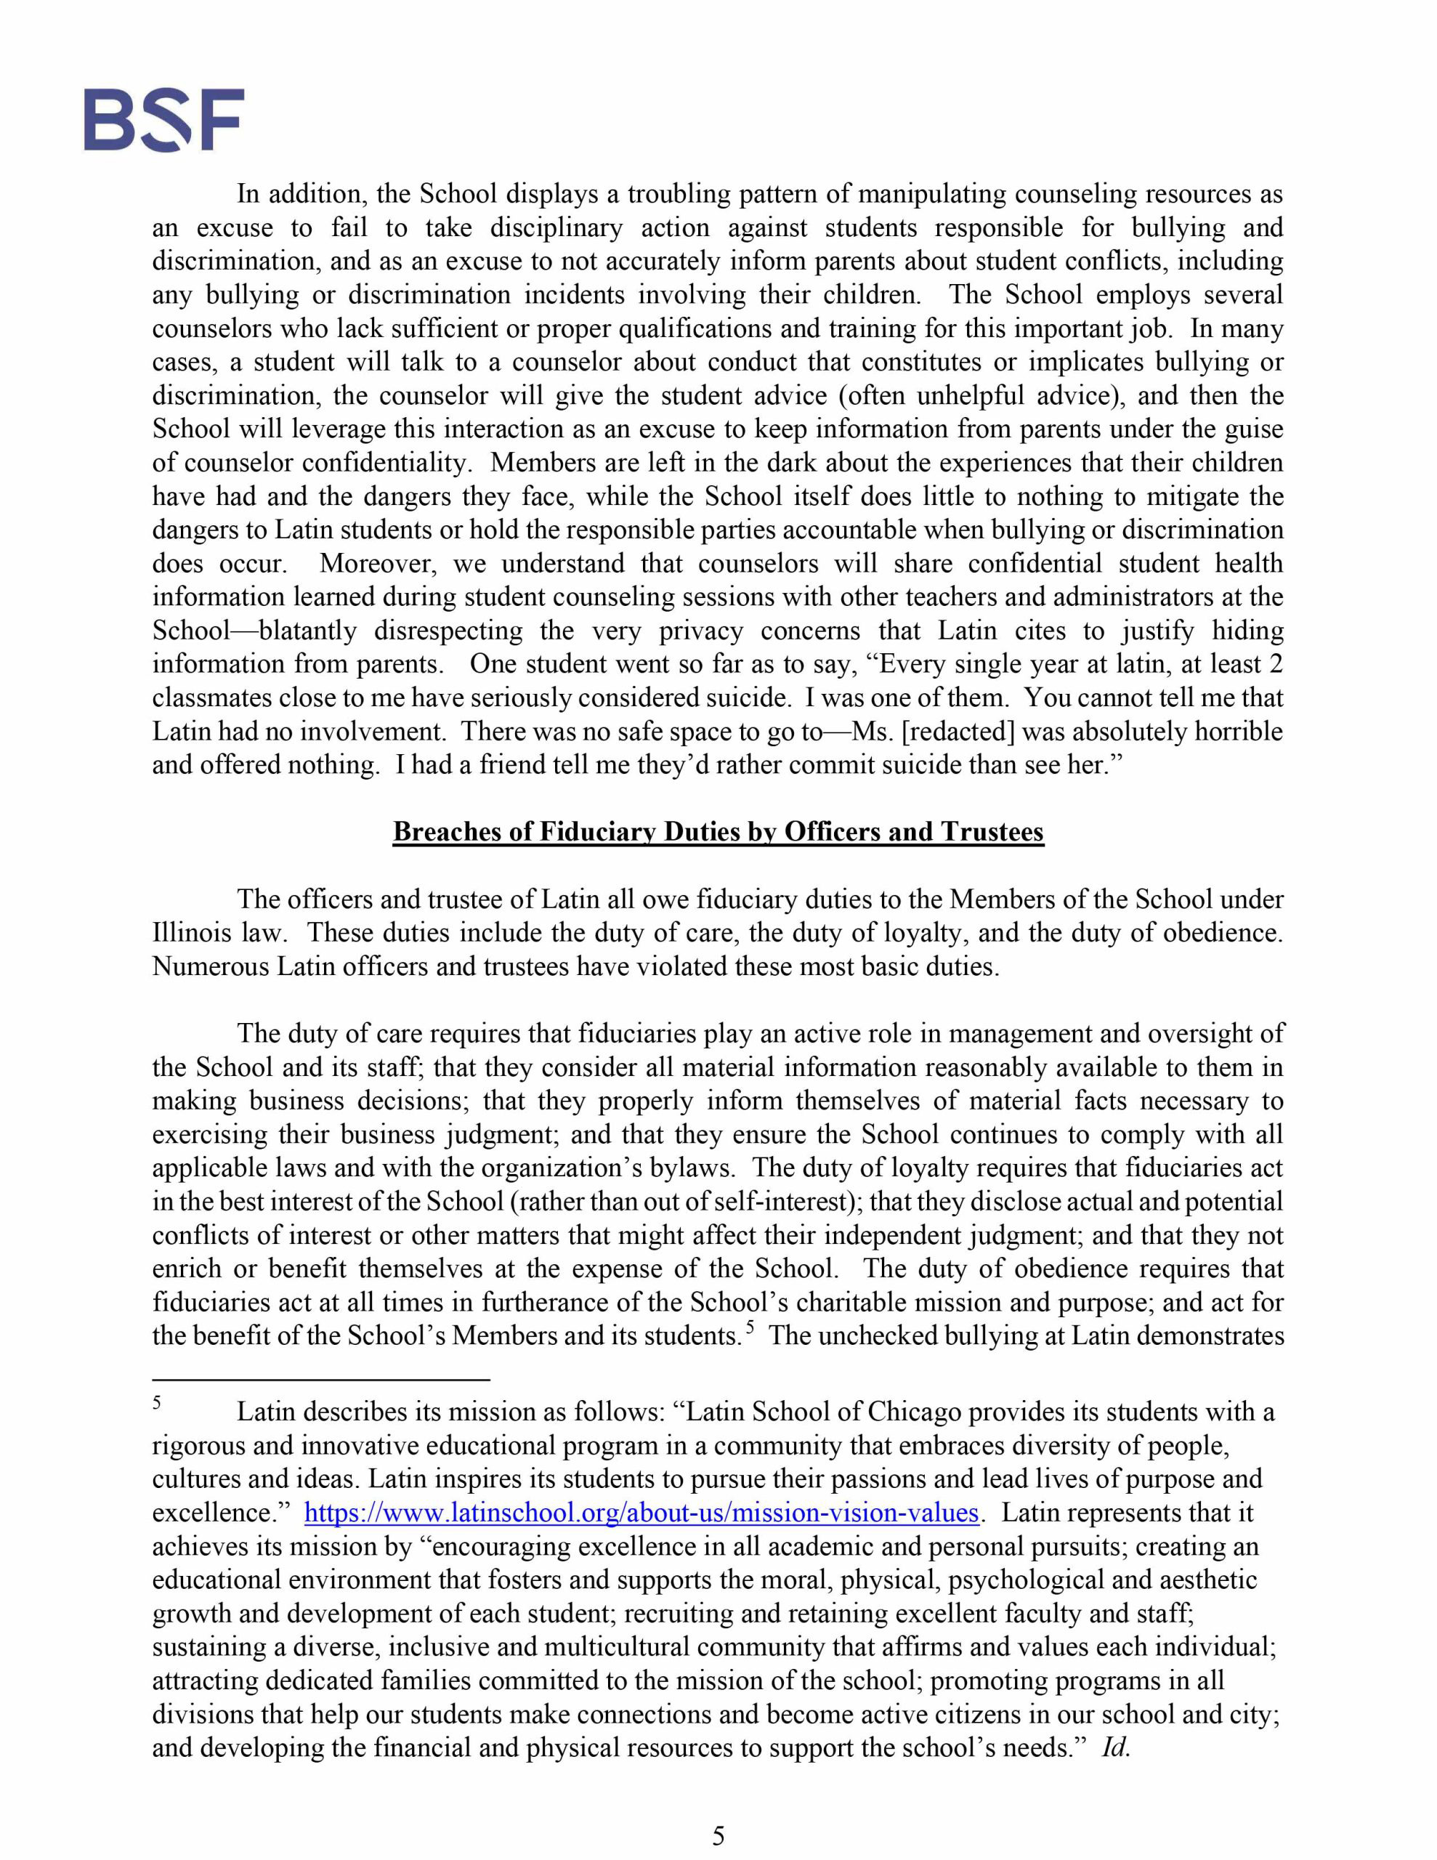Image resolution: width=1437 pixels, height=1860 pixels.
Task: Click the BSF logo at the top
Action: pyautogui.click(x=163, y=119)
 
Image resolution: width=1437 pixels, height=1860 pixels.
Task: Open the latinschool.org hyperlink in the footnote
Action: pyautogui.click(x=641, y=1513)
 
